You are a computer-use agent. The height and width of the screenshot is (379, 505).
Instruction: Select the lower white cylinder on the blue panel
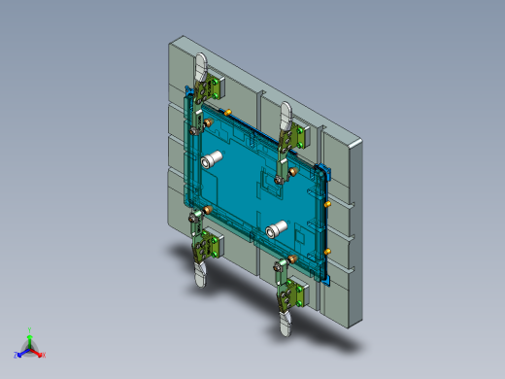(x=277, y=230)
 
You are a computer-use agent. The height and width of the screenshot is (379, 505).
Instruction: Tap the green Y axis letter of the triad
(x=30, y=330)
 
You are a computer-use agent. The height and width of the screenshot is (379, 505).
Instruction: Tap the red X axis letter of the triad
(x=44, y=355)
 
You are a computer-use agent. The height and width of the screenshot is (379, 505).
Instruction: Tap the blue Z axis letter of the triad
(x=17, y=355)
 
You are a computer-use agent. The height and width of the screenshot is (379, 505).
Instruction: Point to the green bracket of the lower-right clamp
(x=296, y=291)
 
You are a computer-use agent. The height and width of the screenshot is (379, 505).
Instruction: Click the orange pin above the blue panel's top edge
(x=227, y=112)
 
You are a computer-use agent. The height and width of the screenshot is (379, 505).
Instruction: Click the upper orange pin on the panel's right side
(x=329, y=205)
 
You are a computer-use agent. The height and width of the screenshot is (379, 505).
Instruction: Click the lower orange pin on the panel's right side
(x=328, y=250)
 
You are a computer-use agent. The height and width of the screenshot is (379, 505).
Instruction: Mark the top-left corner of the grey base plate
(x=173, y=40)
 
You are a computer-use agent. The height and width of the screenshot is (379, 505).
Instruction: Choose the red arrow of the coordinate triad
(x=38, y=350)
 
